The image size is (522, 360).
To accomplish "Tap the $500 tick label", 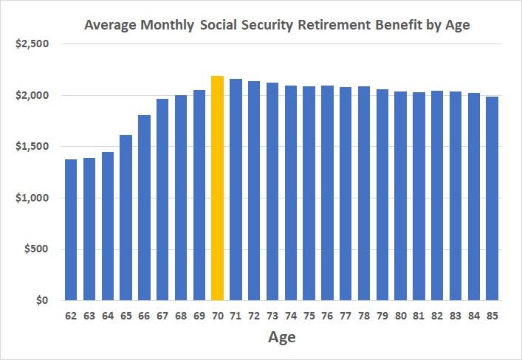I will [x=35, y=249].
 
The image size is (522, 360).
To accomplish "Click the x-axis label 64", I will [x=108, y=316].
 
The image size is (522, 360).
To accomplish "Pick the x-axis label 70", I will [x=218, y=316].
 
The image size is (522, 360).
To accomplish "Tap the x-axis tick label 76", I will [x=327, y=316].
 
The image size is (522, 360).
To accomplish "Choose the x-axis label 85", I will [x=492, y=316].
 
